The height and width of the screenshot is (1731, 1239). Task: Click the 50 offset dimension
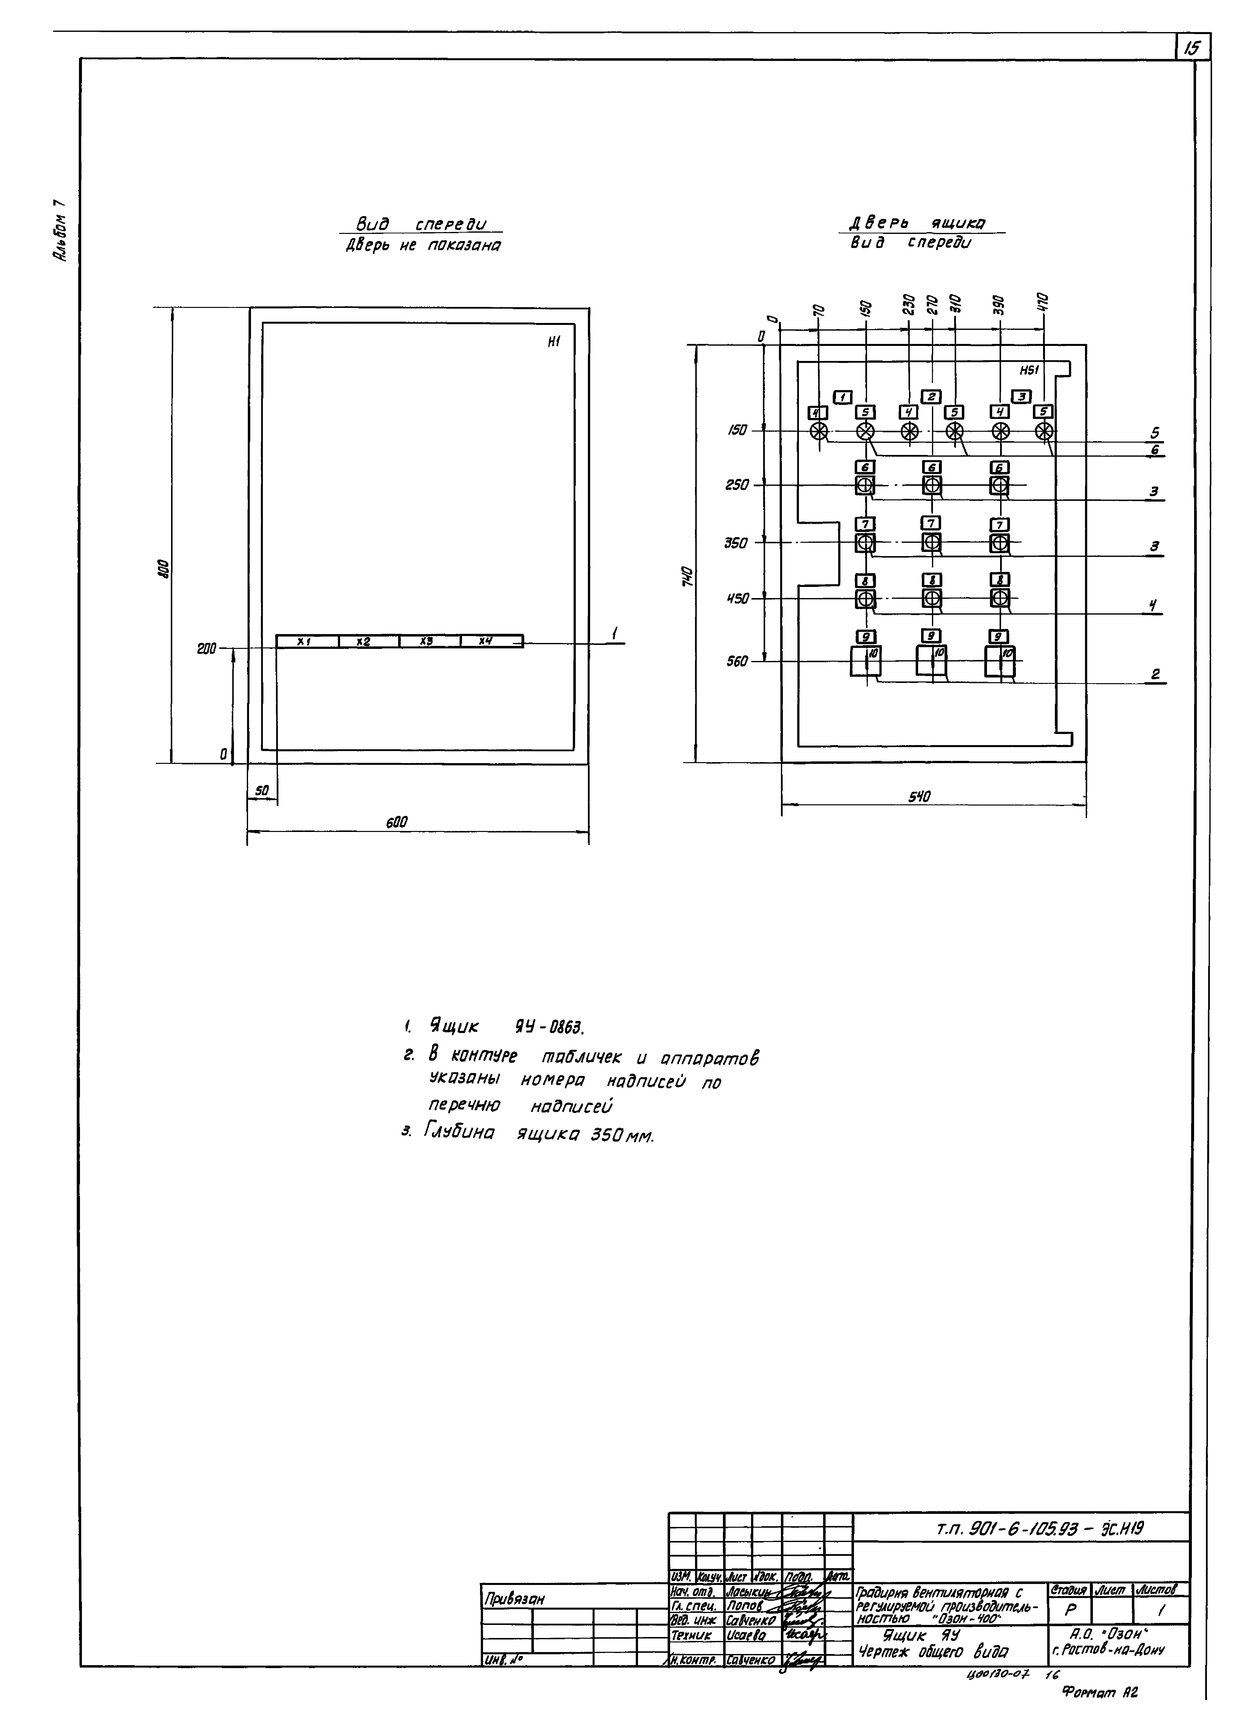(262, 791)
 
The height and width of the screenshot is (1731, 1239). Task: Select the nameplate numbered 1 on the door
(843, 396)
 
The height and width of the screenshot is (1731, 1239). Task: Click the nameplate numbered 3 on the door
(1022, 396)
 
